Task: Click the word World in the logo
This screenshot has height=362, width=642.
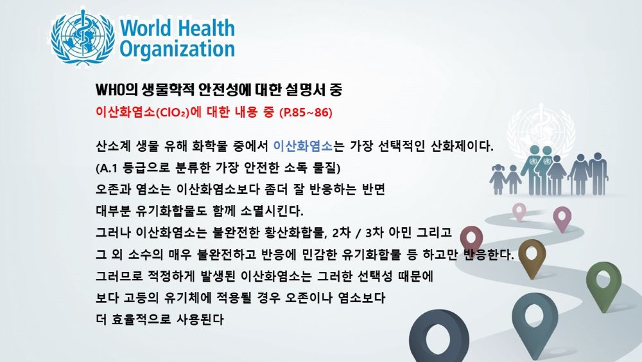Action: pos(145,28)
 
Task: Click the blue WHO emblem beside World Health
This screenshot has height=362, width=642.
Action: pos(83,37)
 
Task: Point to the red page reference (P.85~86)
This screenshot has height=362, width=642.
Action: pos(306,113)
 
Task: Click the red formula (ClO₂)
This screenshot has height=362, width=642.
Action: pos(172,113)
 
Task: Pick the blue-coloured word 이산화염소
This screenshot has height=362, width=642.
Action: pos(302,145)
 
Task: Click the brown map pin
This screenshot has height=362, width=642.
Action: pos(532,258)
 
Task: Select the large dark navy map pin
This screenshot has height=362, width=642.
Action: pos(439,336)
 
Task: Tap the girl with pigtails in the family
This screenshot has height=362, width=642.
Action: pos(498,179)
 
